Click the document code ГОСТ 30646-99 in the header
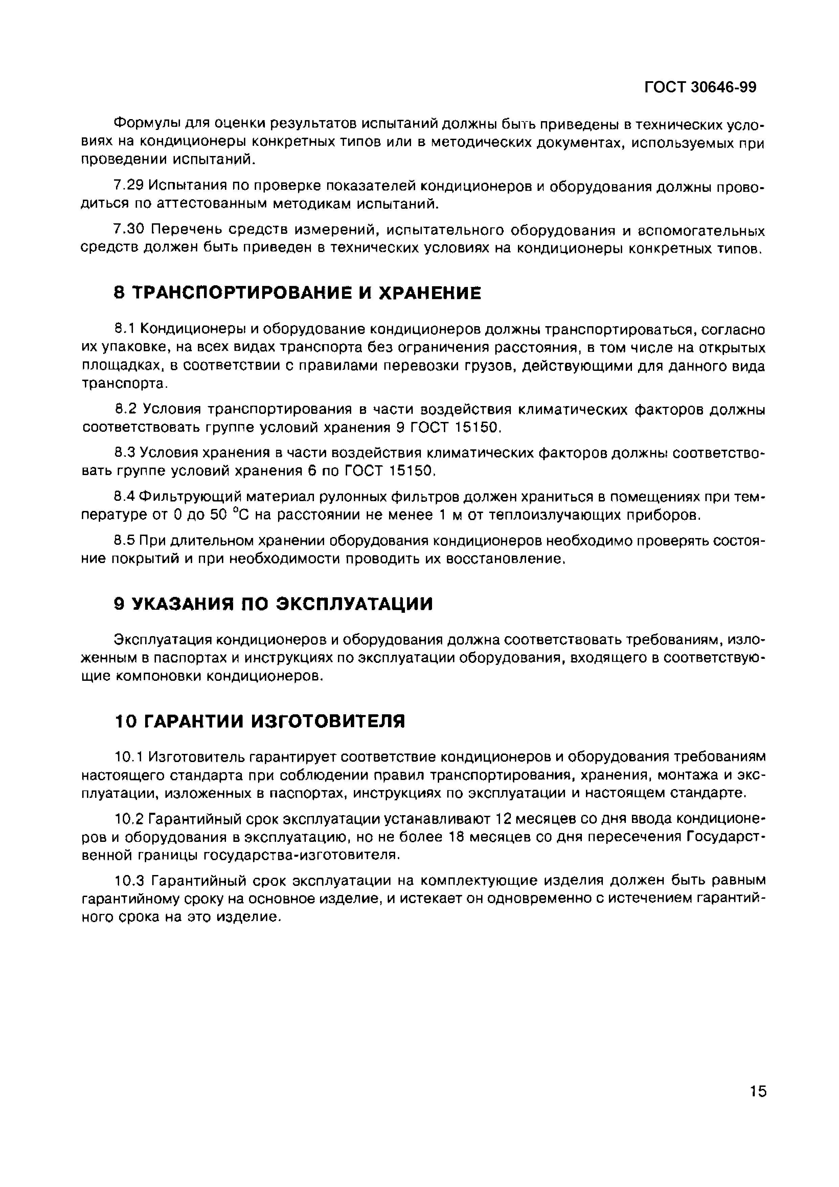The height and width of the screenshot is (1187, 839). pyautogui.click(x=700, y=87)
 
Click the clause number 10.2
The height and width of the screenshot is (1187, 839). pyautogui.click(x=128, y=819)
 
